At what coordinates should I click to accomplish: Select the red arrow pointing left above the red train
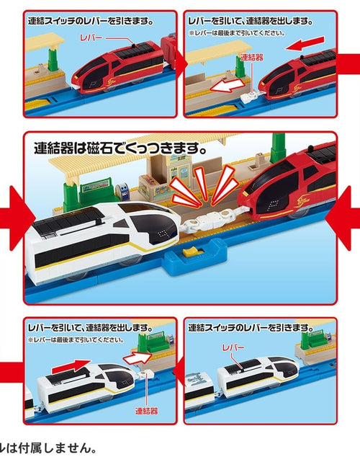click(302, 45)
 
